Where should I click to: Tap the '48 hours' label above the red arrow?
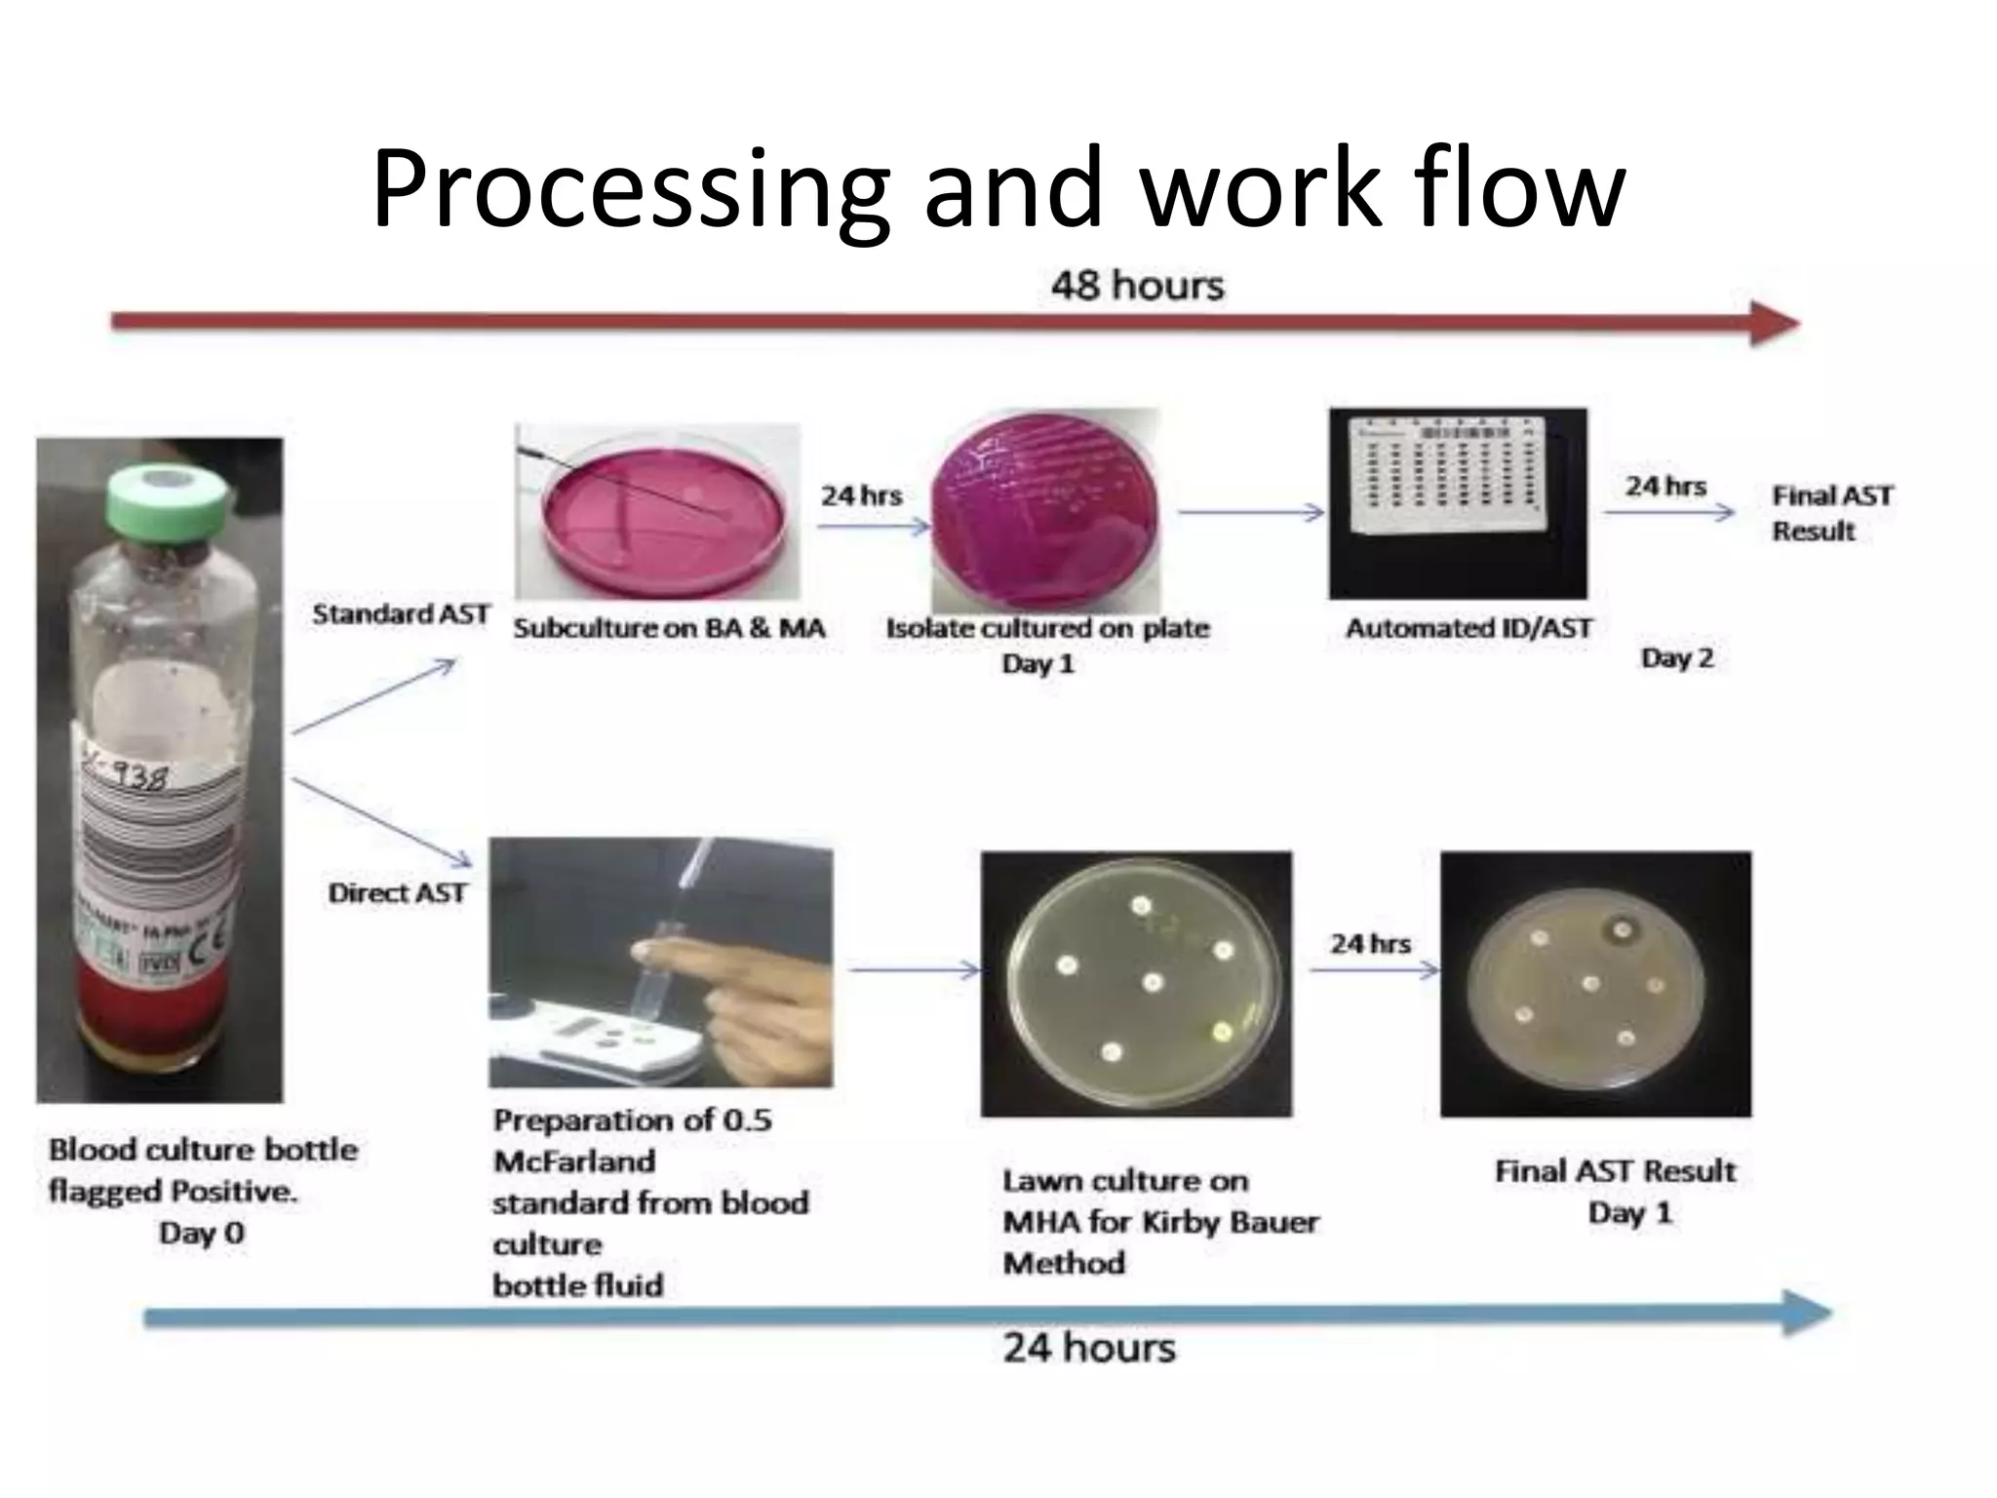point(1137,286)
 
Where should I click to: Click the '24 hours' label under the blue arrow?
point(1089,1349)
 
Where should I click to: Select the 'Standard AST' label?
point(401,614)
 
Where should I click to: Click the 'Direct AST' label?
point(397,893)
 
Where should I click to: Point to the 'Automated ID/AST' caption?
point(1468,629)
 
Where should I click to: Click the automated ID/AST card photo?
point(1458,502)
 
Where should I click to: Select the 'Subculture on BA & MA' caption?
point(669,629)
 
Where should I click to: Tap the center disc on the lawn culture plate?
point(1154,982)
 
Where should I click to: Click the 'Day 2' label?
point(1677,658)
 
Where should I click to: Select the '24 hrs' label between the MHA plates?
point(1370,944)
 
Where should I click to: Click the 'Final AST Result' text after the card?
point(1831,513)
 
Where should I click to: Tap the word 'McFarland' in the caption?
point(574,1162)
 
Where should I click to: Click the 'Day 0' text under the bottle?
point(202,1234)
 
